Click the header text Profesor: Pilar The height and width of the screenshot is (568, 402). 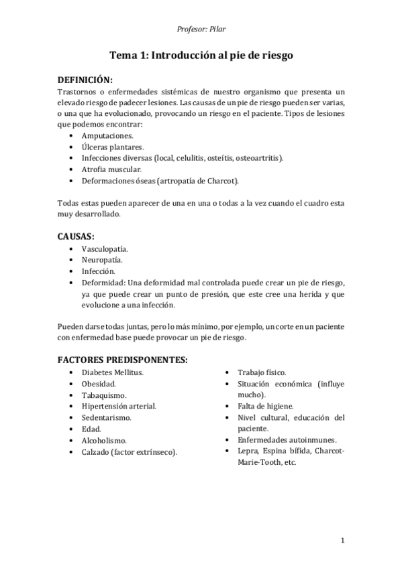(201, 28)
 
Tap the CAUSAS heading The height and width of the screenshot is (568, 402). (76, 237)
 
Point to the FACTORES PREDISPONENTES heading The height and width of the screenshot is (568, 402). (122, 359)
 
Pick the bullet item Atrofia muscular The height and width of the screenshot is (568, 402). (111, 169)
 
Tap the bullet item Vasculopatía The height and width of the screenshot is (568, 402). (109, 248)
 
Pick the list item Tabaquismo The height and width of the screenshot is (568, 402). (104, 395)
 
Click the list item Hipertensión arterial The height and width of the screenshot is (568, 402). (119, 406)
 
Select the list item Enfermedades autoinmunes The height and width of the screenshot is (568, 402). (287, 440)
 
